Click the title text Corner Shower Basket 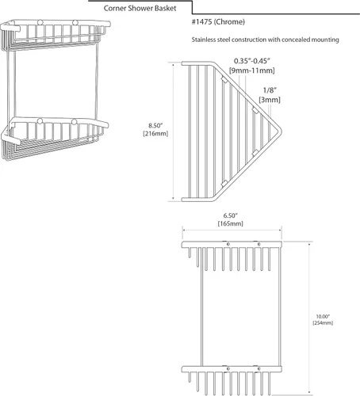[140, 8]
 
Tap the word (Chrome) [229, 22]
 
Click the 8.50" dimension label [155, 125]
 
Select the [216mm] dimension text [155, 134]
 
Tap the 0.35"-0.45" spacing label [252, 61]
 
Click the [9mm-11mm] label [252, 70]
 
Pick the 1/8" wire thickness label [270, 90]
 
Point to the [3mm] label [270, 100]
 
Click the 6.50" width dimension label [231, 215]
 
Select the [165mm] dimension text [231, 223]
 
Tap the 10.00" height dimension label [323, 317]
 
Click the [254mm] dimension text [323, 323]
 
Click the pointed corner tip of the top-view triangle [281, 131]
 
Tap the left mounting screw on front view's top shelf [228, 244]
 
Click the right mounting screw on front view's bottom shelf [259, 369]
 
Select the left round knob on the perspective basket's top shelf [40, 22]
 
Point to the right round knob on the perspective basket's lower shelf [75, 122]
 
